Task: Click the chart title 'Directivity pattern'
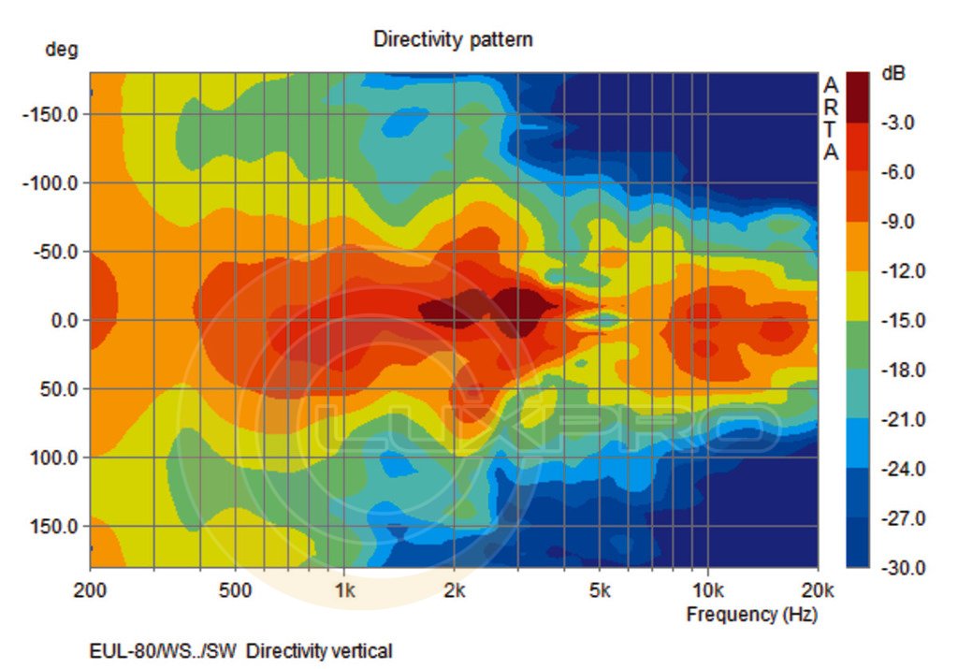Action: point(453,39)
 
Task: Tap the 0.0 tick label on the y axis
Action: point(58,320)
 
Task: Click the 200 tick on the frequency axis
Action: point(90,590)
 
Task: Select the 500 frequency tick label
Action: point(235,590)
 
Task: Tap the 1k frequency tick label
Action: point(344,590)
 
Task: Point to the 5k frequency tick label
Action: point(600,590)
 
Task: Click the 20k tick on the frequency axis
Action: point(818,590)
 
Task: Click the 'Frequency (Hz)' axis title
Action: point(751,615)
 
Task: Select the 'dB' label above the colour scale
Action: point(893,74)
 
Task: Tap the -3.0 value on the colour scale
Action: point(898,123)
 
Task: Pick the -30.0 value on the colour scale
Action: point(898,568)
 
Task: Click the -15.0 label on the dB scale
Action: point(898,321)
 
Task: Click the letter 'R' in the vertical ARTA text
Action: point(831,108)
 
